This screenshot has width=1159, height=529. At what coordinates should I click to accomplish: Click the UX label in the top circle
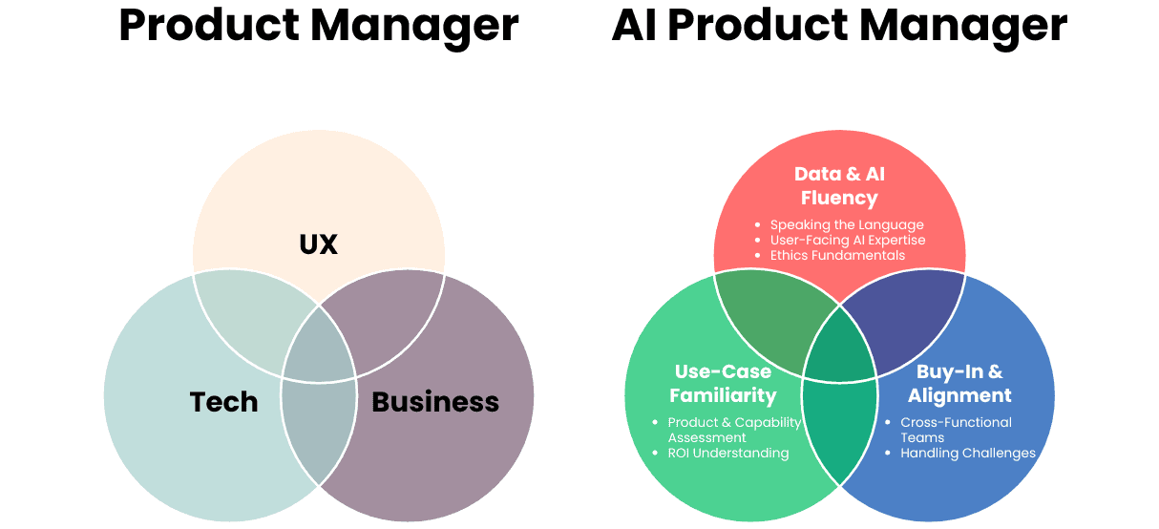[x=319, y=244]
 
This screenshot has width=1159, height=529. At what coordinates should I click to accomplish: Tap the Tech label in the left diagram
[x=223, y=402]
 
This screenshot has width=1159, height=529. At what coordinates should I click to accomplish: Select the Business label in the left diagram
[x=434, y=402]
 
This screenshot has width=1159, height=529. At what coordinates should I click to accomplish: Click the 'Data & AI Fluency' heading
[x=839, y=186]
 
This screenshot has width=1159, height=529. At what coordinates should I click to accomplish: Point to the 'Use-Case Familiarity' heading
[x=723, y=383]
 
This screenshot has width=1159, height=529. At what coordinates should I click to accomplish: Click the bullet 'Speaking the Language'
[x=847, y=225]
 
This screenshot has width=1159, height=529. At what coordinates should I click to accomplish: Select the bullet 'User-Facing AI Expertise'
[x=848, y=240]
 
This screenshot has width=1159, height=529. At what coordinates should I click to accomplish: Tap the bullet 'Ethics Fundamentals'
[x=837, y=255]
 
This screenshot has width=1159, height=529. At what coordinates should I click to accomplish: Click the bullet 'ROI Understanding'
[x=727, y=453]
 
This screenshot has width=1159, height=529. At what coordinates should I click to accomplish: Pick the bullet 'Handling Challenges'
[x=967, y=453]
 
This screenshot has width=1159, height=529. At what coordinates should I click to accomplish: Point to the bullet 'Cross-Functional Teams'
[x=956, y=430]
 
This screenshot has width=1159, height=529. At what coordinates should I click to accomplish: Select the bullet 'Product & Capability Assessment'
[x=733, y=430]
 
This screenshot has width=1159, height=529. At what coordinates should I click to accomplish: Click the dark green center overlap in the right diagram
[x=839, y=345]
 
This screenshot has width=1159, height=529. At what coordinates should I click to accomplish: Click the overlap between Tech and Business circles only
[x=319, y=430]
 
